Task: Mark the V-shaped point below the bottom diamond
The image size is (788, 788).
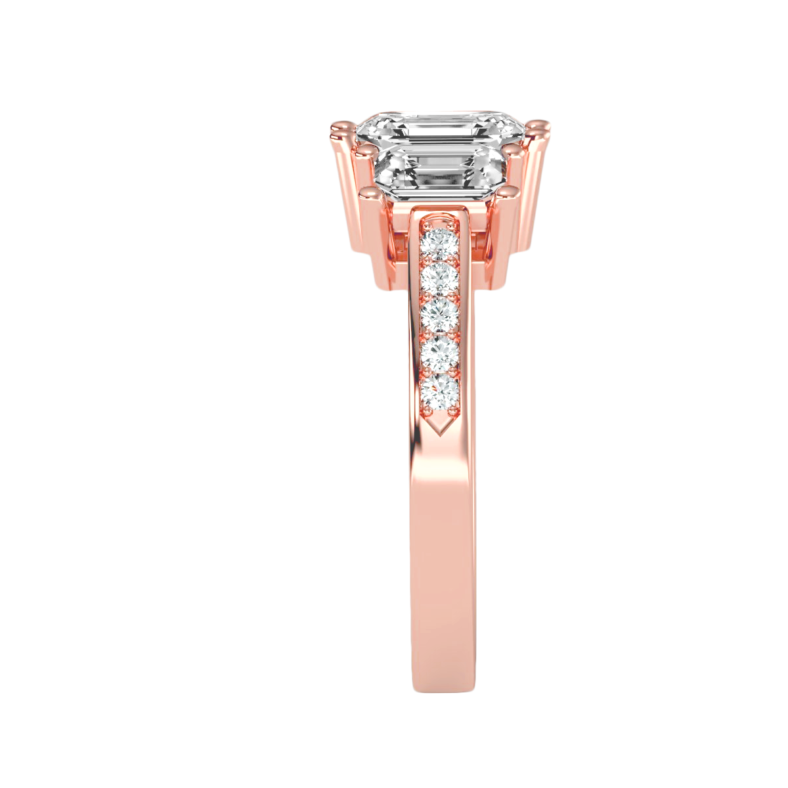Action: pos(441,427)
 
